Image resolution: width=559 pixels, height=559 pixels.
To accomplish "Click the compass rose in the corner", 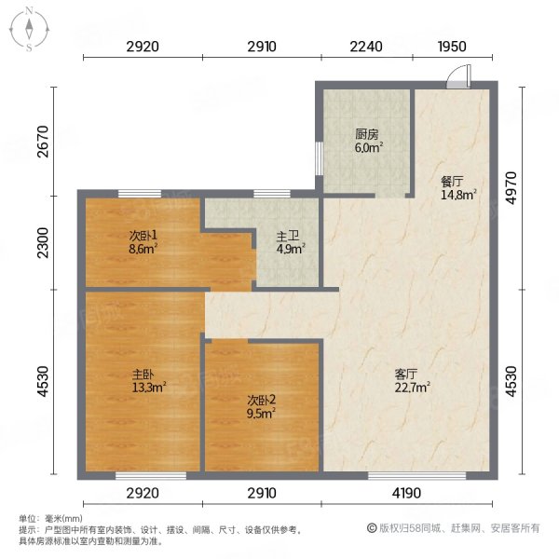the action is point(29,30).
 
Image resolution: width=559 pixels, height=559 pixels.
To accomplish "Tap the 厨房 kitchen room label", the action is point(366,134).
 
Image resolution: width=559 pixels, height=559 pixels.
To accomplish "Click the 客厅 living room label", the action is point(405,374).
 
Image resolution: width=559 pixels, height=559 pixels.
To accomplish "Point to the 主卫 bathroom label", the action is point(287,236).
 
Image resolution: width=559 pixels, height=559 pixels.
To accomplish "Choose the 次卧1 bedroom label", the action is point(143,236).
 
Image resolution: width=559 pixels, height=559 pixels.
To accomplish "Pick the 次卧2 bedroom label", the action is point(261,401).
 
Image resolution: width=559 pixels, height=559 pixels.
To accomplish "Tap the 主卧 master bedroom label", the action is point(143,374).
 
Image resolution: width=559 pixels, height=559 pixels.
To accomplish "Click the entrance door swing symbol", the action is point(459,76).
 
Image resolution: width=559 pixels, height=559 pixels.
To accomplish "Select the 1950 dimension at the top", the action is point(452,47).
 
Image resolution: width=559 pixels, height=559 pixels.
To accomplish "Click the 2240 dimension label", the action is point(366,47).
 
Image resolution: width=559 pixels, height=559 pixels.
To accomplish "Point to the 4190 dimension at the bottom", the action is point(406,493).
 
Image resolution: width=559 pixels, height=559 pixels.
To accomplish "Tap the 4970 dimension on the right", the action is point(511,188).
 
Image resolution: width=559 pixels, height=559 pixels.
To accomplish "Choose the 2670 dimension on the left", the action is point(43,142).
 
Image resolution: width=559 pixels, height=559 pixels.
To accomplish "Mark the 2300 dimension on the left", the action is point(43,242).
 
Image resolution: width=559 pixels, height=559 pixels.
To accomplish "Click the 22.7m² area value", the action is point(412,388).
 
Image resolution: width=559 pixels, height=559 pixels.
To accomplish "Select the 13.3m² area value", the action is point(149,388).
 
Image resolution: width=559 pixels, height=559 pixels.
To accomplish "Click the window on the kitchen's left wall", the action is point(319,158).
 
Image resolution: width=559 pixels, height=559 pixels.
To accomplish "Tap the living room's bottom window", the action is point(416,475).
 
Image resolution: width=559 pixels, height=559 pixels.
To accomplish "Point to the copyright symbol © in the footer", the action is point(372,528).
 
